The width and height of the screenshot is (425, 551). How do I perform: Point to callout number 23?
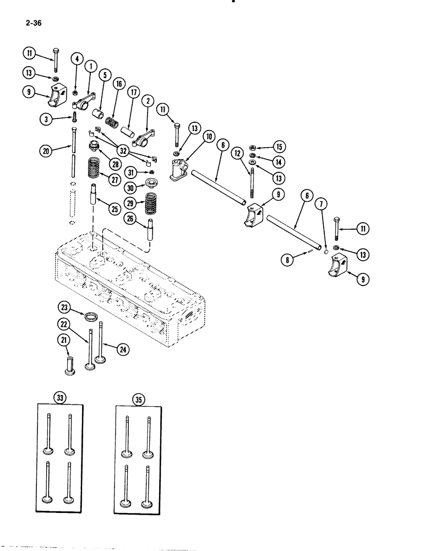pos(65,306)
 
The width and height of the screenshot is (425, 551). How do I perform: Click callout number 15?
pos(279,146)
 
